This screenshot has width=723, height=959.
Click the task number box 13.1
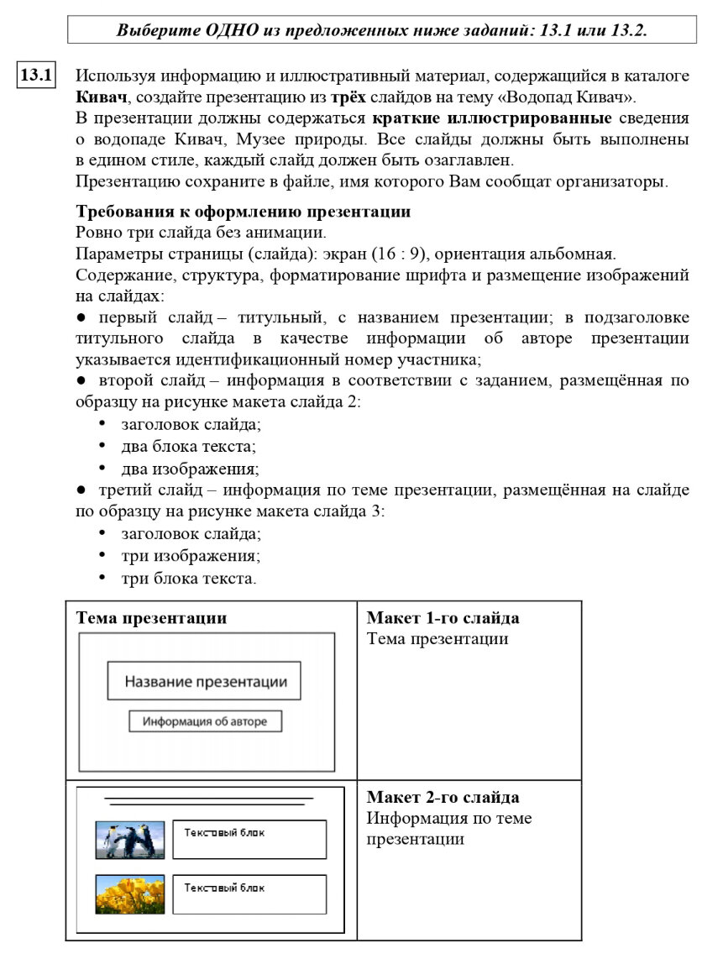pos(36,76)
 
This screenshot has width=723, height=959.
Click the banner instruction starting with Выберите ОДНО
pos(381,30)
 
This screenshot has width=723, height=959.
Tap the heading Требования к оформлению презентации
pos(243,211)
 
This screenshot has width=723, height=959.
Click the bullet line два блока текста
pos(188,447)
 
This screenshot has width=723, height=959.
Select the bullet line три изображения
pos(190,556)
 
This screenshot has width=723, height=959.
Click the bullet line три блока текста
pos(188,578)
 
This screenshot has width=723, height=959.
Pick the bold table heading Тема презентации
pos(152,618)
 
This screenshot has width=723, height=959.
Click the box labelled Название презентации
pos(205,681)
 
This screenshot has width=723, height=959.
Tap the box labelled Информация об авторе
pos(205,721)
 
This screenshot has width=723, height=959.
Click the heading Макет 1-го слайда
pos(443,618)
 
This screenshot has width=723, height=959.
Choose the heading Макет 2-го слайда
pos(443,797)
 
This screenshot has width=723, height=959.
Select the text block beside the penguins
pos(249,840)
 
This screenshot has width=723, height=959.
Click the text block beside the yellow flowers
pos(249,894)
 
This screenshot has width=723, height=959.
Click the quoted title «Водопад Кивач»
pos(568,96)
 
